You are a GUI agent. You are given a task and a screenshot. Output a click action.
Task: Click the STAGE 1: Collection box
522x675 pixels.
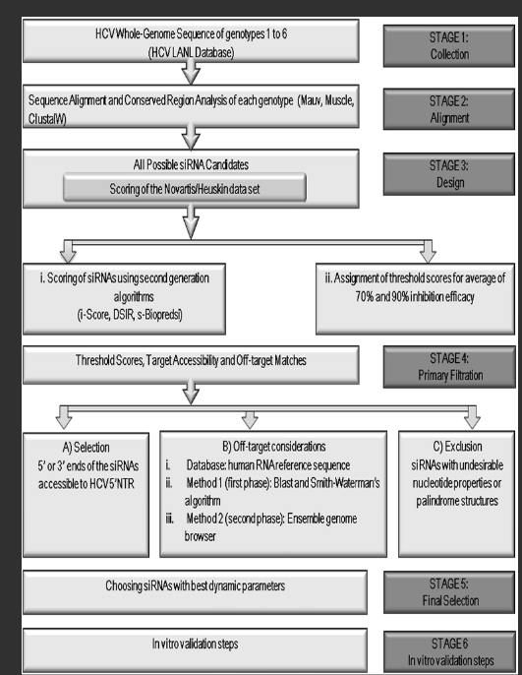449,45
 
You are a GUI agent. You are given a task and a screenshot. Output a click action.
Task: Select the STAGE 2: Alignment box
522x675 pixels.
449,109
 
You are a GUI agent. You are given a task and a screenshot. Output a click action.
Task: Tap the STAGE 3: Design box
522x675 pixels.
449,174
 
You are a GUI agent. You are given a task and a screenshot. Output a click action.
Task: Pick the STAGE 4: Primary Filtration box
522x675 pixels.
449,367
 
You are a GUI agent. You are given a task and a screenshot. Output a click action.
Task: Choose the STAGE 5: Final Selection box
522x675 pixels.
449,592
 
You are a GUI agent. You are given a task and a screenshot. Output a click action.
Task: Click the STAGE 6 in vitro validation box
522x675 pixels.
449,652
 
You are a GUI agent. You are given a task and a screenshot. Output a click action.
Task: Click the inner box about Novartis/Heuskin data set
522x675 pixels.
185,188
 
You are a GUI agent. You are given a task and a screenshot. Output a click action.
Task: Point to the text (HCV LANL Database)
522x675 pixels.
192,52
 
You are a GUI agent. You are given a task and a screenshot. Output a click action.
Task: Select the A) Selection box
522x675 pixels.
86,495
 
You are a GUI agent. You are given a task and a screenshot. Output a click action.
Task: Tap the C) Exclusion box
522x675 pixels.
457,494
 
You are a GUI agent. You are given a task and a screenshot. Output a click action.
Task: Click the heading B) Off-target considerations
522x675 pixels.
274,447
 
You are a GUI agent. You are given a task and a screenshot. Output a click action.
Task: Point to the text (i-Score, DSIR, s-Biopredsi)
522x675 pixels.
130,315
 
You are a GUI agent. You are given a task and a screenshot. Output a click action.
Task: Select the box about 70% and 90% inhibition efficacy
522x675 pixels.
415,299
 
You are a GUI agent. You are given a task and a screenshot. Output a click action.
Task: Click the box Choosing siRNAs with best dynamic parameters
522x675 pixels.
195,592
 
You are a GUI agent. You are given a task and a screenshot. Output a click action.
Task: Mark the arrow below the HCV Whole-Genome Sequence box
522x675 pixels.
191,72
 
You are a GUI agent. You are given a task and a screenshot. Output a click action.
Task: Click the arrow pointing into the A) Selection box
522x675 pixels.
64,417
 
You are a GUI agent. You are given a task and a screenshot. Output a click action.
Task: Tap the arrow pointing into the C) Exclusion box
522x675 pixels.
472,417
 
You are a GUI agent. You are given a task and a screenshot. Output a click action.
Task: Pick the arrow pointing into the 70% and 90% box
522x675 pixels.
428,252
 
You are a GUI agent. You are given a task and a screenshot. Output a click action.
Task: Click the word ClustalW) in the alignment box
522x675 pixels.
47,119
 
